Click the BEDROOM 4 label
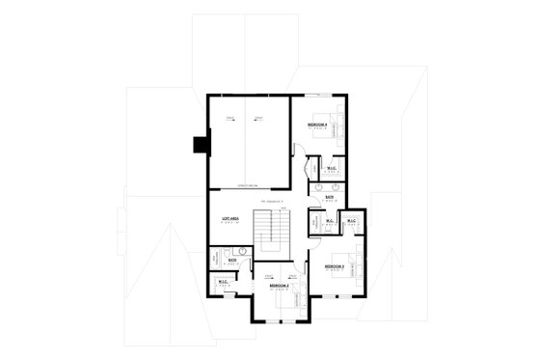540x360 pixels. point(317,125)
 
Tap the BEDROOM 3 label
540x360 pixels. point(334,265)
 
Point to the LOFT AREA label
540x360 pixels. point(229,220)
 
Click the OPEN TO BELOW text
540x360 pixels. point(248,184)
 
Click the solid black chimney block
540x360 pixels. point(202,145)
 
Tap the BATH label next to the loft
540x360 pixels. point(232,260)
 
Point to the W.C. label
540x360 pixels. point(330,221)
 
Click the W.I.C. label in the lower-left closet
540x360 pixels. point(222,283)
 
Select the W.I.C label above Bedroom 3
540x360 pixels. point(352,221)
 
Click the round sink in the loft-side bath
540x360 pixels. point(244,252)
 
